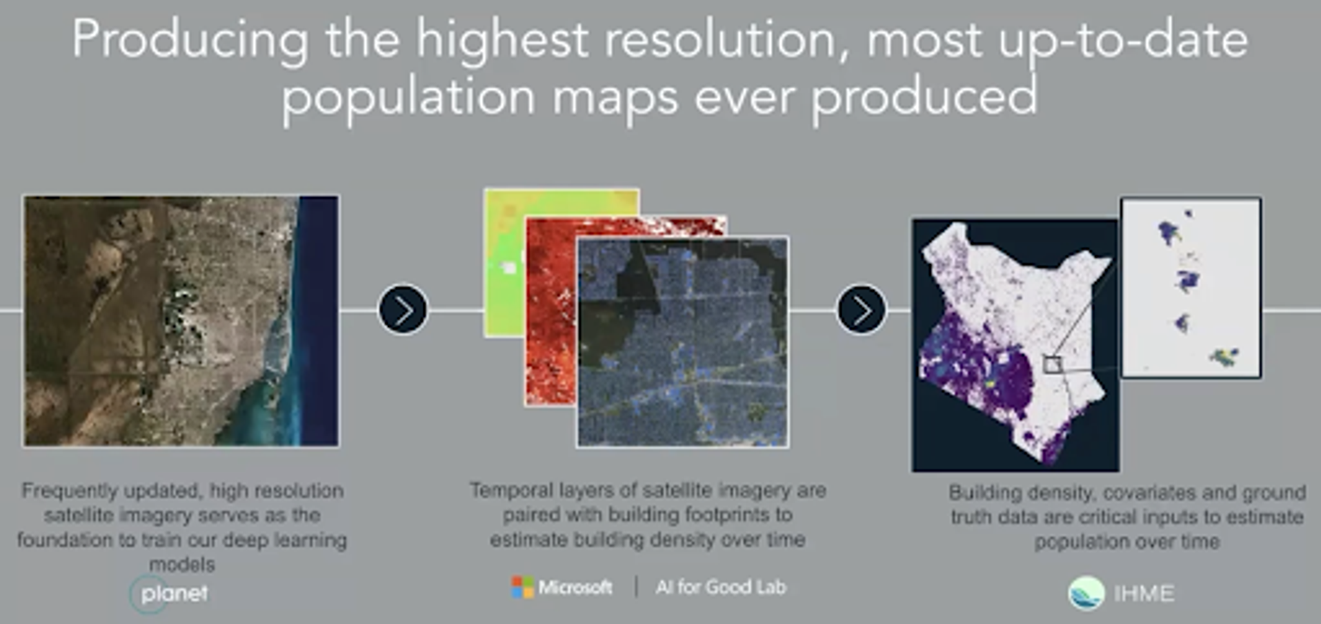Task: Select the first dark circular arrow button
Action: [x=403, y=310]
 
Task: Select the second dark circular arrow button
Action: [x=862, y=310]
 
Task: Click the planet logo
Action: [x=169, y=594]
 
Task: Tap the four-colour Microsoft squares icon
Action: [x=522, y=587]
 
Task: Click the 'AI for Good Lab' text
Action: [x=720, y=587]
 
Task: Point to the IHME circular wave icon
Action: [x=1086, y=593]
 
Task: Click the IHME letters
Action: [x=1144, y=593]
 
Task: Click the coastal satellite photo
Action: [x=181, y=321]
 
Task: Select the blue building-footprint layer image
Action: [x=682, y=342]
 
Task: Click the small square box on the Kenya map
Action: [x=1052, y=365]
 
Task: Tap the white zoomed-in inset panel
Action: [x=1191, y=288]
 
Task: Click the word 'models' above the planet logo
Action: [x=182, y=565]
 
